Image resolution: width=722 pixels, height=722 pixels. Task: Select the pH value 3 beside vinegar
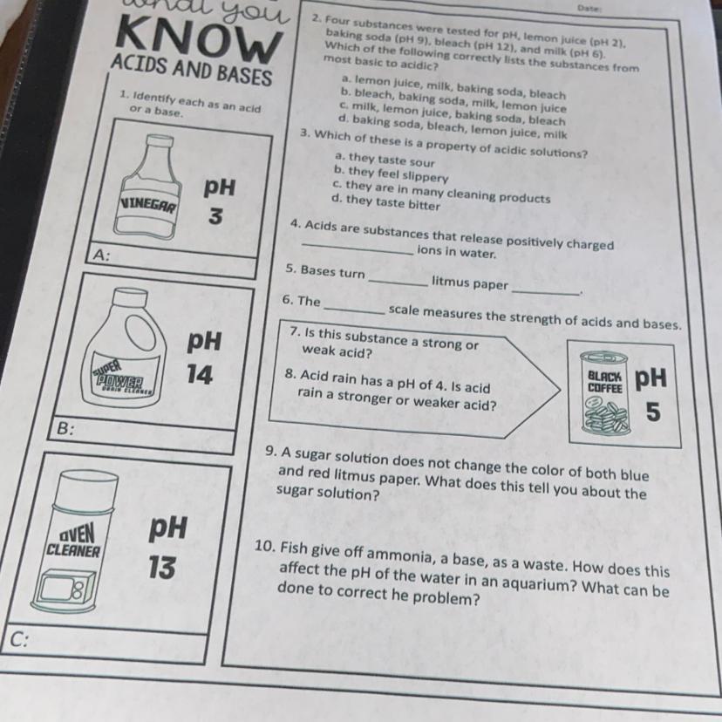click(x=215, y=215)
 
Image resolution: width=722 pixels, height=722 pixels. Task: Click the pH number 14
click(x=200, y=374)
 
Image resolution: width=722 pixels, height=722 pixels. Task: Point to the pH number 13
click(x=161, y=567)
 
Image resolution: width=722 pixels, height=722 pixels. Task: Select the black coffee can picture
click(x=604, y=392)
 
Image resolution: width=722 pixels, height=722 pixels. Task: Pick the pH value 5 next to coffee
click(x=653, y=412)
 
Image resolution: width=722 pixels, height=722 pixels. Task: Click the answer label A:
click(x=101, y=255)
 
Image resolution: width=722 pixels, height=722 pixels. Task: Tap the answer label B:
click(x=65, y=429)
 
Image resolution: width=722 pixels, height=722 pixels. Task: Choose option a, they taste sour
click(x=384, y=160)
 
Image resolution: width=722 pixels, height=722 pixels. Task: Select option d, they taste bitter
click(x=385, y=202)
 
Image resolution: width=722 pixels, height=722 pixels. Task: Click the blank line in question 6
click(x=354, y=310)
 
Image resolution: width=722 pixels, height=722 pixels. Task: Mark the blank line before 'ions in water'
click(x=358, y=249)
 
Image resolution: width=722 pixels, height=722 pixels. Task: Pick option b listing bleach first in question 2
click(x=453, y=100)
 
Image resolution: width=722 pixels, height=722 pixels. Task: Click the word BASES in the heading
click(x=244, y=75)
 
